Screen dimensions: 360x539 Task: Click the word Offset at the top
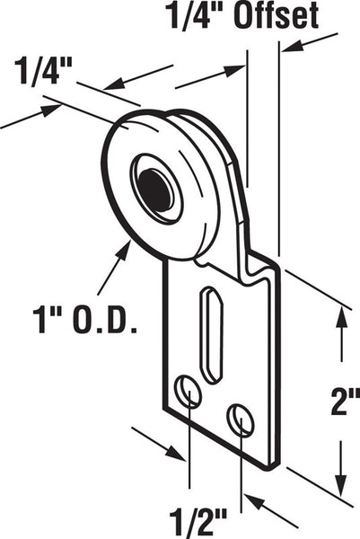277,15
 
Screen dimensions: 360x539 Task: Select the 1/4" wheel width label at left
42,71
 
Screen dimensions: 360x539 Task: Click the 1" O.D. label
85,321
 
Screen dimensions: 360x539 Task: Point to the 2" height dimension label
345,401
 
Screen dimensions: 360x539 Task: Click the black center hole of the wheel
155,190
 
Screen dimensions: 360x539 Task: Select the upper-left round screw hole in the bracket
189,391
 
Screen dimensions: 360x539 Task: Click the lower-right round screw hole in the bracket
240,420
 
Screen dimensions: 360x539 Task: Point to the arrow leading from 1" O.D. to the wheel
114,268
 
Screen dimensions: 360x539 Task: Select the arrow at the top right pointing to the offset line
310,42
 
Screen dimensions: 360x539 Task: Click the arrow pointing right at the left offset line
210,76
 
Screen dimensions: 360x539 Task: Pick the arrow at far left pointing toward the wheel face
31,117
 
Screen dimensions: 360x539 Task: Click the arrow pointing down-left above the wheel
137,77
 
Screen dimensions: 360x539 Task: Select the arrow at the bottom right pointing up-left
271,510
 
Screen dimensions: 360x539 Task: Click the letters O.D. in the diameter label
105,321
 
